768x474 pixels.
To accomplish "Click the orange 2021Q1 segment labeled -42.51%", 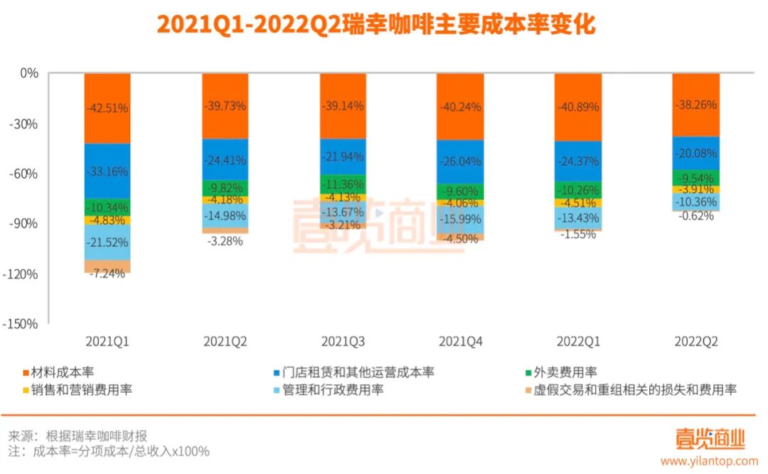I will pyautogui.click(x=107, y=108).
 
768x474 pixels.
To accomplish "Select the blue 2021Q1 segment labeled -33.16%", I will pyautogui.click(x=107, y=171).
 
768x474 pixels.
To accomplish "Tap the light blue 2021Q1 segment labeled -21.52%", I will pyautogui.click(x=107, y=243).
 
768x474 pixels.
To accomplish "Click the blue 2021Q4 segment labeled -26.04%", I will pyautogui.click(x=460, y=162).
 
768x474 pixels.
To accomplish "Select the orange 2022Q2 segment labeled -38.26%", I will pyautogui.click(x=695, y=105).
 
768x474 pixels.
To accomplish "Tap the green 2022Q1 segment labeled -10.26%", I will pyautogui.click(x=577, y=190).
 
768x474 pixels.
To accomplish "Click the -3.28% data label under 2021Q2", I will pyautogui.click(x=225, y=241).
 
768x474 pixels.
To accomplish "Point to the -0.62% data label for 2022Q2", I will pyautogui.click(x=695, y=217).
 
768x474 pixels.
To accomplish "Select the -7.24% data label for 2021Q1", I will pyautogui.click(x=107, y=274).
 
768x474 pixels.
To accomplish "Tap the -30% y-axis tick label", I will pyautogui.click(x=26, y=124).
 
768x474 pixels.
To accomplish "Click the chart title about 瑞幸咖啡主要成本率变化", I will pyautogui.click(x=375, y=25).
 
